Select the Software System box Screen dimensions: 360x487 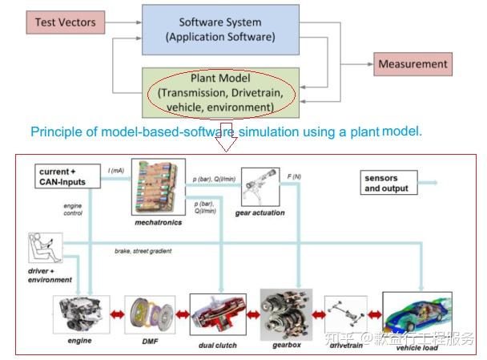pyautogui.click(x=220, y=30)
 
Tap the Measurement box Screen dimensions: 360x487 pyautogui.click(x=412, y=64)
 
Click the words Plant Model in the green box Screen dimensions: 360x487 pyautogui.click(x=219, y=79)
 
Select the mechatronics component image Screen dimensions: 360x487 pyautogui.click(x=158, y=189)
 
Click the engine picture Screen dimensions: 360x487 pyautogui.click(x=80, y=314)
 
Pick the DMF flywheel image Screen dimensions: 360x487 pyautogui.click(x=150, y=314)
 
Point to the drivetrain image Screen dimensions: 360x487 pyautogui.click(x=348, y=313)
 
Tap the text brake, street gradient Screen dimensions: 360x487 pyautogui.click(x=143, y=251)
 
